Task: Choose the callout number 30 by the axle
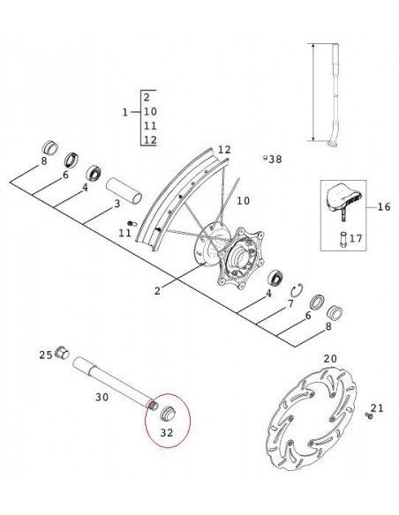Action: (x=101, y=398)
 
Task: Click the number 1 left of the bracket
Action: (x=124, y=112)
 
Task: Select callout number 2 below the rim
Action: (x=157, y=289)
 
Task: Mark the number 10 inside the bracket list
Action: (x=149, y=111)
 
